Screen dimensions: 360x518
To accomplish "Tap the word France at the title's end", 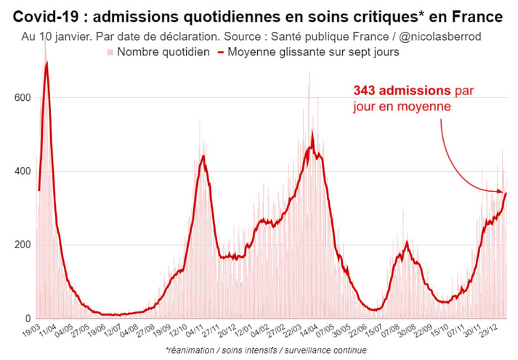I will click(x=480, y=16).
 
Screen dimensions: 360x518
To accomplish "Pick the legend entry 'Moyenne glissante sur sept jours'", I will click(x=312, y=52).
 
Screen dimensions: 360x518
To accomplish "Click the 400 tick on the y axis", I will click(x=22, y=171).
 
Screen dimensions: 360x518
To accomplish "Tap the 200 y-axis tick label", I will click(x=22, y=245).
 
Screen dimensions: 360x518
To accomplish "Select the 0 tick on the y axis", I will click(x=27, y=319).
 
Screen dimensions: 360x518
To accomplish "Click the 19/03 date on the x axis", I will click(x=31, y=332).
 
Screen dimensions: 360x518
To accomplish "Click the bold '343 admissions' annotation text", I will click(x=402, y=91).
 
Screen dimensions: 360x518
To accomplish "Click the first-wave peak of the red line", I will click(x=47, y=64).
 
